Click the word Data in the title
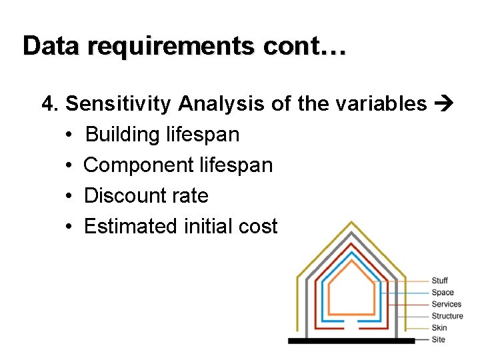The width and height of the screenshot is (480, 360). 52,46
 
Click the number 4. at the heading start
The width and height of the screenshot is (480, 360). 51,104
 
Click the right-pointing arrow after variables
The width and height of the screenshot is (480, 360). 443,104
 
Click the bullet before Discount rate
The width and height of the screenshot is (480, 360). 69,196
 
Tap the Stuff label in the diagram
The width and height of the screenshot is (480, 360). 439,281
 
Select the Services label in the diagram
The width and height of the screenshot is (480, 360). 446,304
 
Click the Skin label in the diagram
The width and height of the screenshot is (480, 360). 439,327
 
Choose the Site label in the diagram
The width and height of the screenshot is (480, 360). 438,339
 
